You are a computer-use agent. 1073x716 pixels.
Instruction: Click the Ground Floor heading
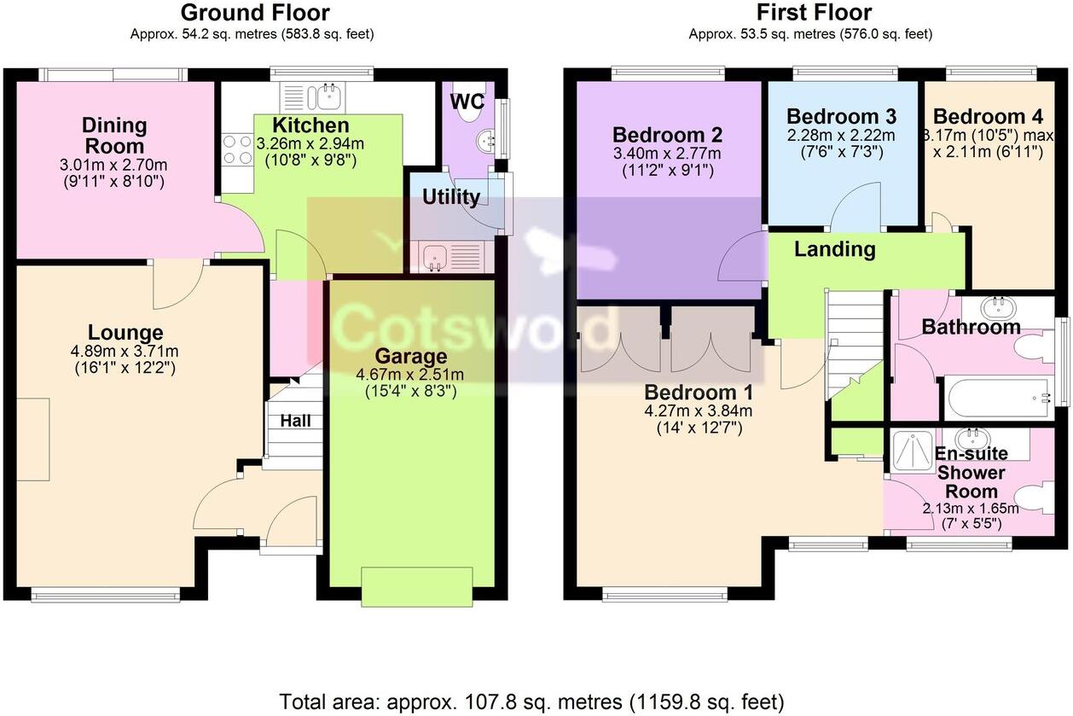pyautogui.click(x=255, y=13)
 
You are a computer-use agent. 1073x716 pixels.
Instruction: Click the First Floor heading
pyautogui.click(x=814, y=13)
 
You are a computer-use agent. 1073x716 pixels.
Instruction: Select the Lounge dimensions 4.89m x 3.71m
pyautogui.click(x=125, y=351)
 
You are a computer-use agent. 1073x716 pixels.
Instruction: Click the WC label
pyautogui.click(x=467, y=101)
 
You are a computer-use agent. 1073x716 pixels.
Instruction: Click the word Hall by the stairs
pyautogui.click(x=295, y=421)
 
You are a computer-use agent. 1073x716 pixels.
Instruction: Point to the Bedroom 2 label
pyautogui.click(x=667, y=135)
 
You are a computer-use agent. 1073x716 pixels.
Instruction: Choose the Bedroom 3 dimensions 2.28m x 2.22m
pyautogui.click(x=840, y=135)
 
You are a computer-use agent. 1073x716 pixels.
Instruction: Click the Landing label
pyautogui.click(x=834, y=249)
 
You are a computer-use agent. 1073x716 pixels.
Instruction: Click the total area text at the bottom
pyautogui.click(x=531, y=702)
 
